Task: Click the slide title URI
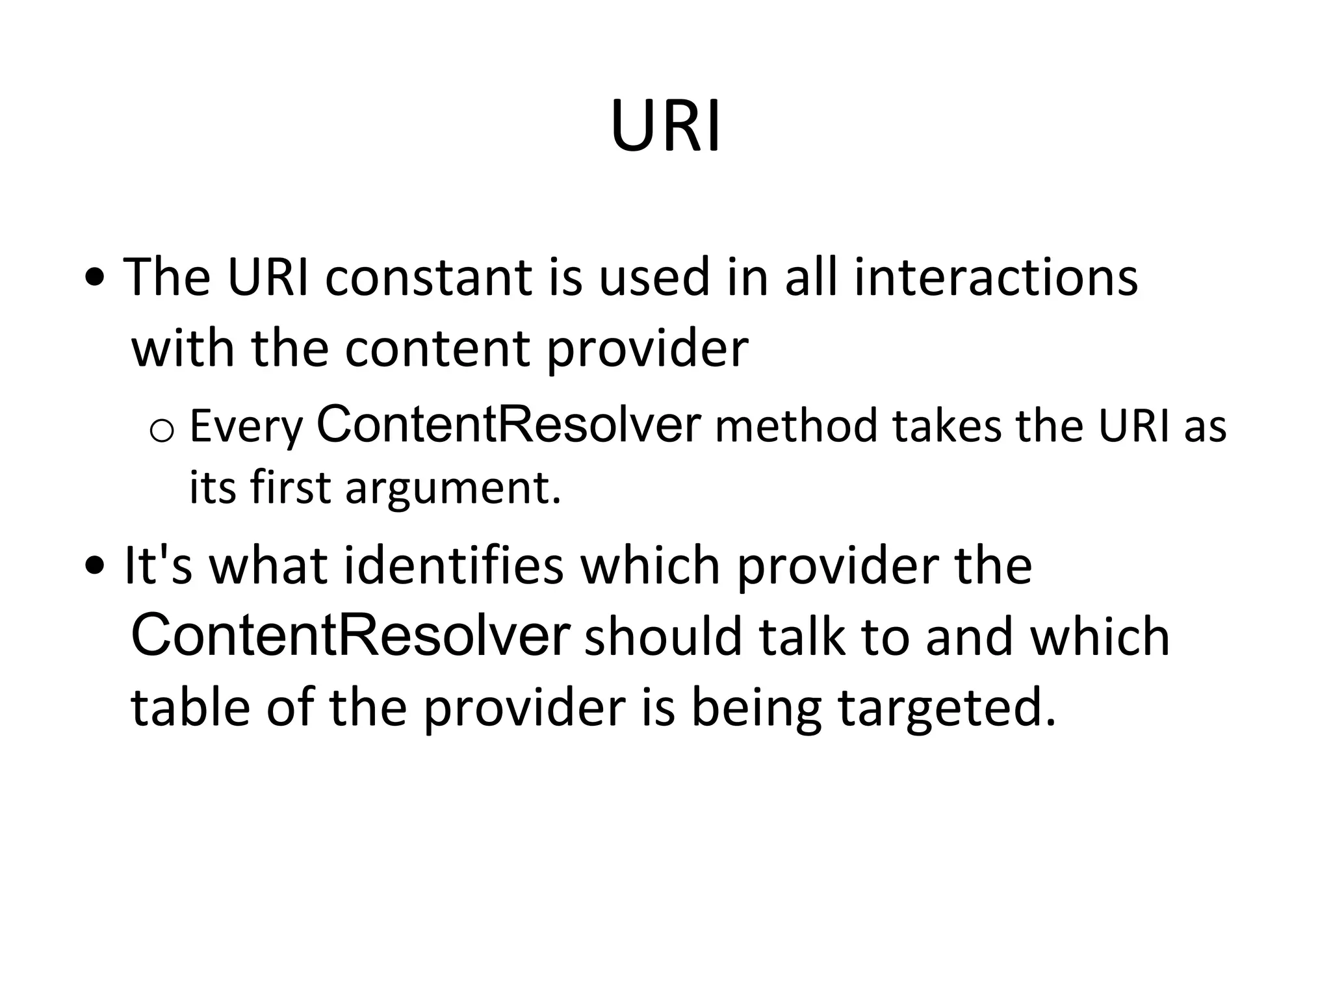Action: coord(665,126)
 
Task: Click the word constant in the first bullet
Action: coord(428,277)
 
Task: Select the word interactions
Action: coord(995,277)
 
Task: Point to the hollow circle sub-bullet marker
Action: coord(162,431)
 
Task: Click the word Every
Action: coord(246,427)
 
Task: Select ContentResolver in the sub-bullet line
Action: coord(508,425)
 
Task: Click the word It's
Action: coord(158,565)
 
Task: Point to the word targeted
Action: coord(947,708)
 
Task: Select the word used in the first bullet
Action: coord(654,277)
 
